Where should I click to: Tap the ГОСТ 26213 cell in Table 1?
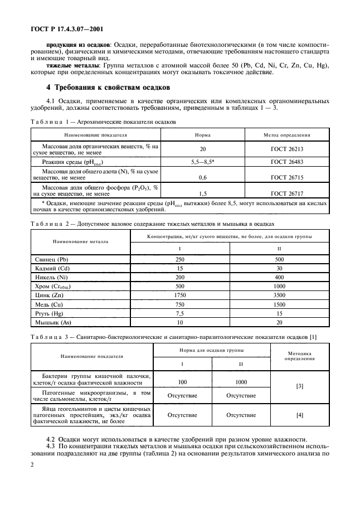pos(287,149)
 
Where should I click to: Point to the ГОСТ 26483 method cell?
pos(287,162)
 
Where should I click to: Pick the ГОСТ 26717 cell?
pos(287,193)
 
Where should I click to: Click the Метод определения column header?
pos(287,135)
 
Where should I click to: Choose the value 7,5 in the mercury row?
pos(179,314)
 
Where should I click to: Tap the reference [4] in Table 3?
pos(300,415)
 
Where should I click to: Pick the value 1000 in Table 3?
pos(241,382)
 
